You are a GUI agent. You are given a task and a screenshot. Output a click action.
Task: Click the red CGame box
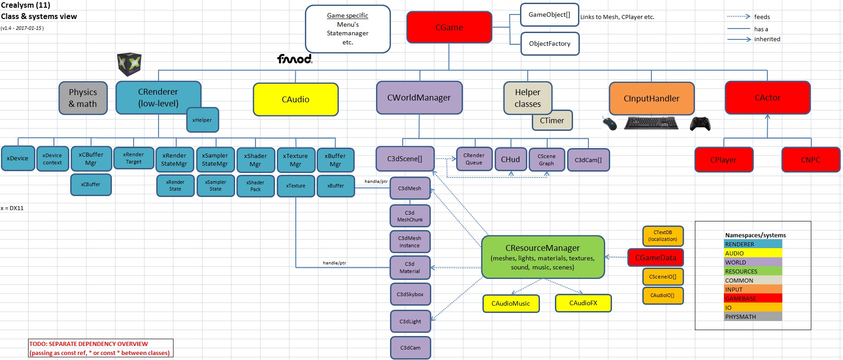coord(449,27)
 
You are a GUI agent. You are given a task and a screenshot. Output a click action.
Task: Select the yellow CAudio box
coord(295,99)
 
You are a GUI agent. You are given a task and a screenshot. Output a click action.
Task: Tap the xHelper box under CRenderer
coord(202,120)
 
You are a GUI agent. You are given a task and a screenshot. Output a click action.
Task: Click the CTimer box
coord(552,120)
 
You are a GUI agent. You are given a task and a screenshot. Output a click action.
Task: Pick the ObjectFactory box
coord(549,44)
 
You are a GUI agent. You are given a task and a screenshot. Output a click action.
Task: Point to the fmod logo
coord(295,59)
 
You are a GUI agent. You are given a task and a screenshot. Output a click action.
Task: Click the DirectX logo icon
coord(129,64)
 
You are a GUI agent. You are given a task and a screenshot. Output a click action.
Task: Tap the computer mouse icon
coord(610,123)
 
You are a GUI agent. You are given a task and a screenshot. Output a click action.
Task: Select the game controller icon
coord(700,123)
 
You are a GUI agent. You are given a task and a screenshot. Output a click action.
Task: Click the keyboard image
coord(651,123)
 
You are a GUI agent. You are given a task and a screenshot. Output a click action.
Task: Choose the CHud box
coord(511,159)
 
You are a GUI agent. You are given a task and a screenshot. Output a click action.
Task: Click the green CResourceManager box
coord(543,257)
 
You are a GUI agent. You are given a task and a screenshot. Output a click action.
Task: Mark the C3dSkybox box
coord(410,294)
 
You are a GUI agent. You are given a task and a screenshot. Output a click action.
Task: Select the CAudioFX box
coord(583,303)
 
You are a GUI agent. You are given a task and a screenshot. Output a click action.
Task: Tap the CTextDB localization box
coord(662,236)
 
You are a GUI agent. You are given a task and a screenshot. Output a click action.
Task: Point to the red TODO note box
coord(101,348)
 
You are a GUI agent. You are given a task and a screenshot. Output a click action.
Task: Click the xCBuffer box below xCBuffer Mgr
coord(91,185)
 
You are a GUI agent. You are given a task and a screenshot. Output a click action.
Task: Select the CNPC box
coord(810,160)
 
